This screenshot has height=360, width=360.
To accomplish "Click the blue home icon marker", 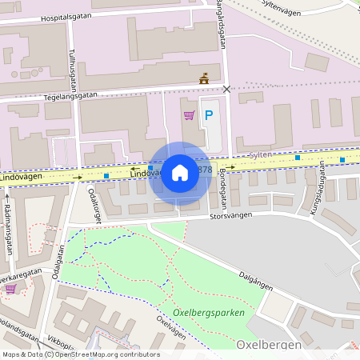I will tap(180, 173).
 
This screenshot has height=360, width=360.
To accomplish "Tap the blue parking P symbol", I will tap(209, 115).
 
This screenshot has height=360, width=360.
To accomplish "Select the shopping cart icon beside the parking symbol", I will tap(189, 115).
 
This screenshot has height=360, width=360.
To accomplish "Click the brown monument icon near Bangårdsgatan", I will tap(203, 78).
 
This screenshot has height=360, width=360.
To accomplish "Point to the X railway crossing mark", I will tap(226, 89).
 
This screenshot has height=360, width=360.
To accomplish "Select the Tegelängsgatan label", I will tap(70, 94).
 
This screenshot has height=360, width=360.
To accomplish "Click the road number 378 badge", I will tap(204, 170).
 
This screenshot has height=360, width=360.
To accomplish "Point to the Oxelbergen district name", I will tap(269, 344).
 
